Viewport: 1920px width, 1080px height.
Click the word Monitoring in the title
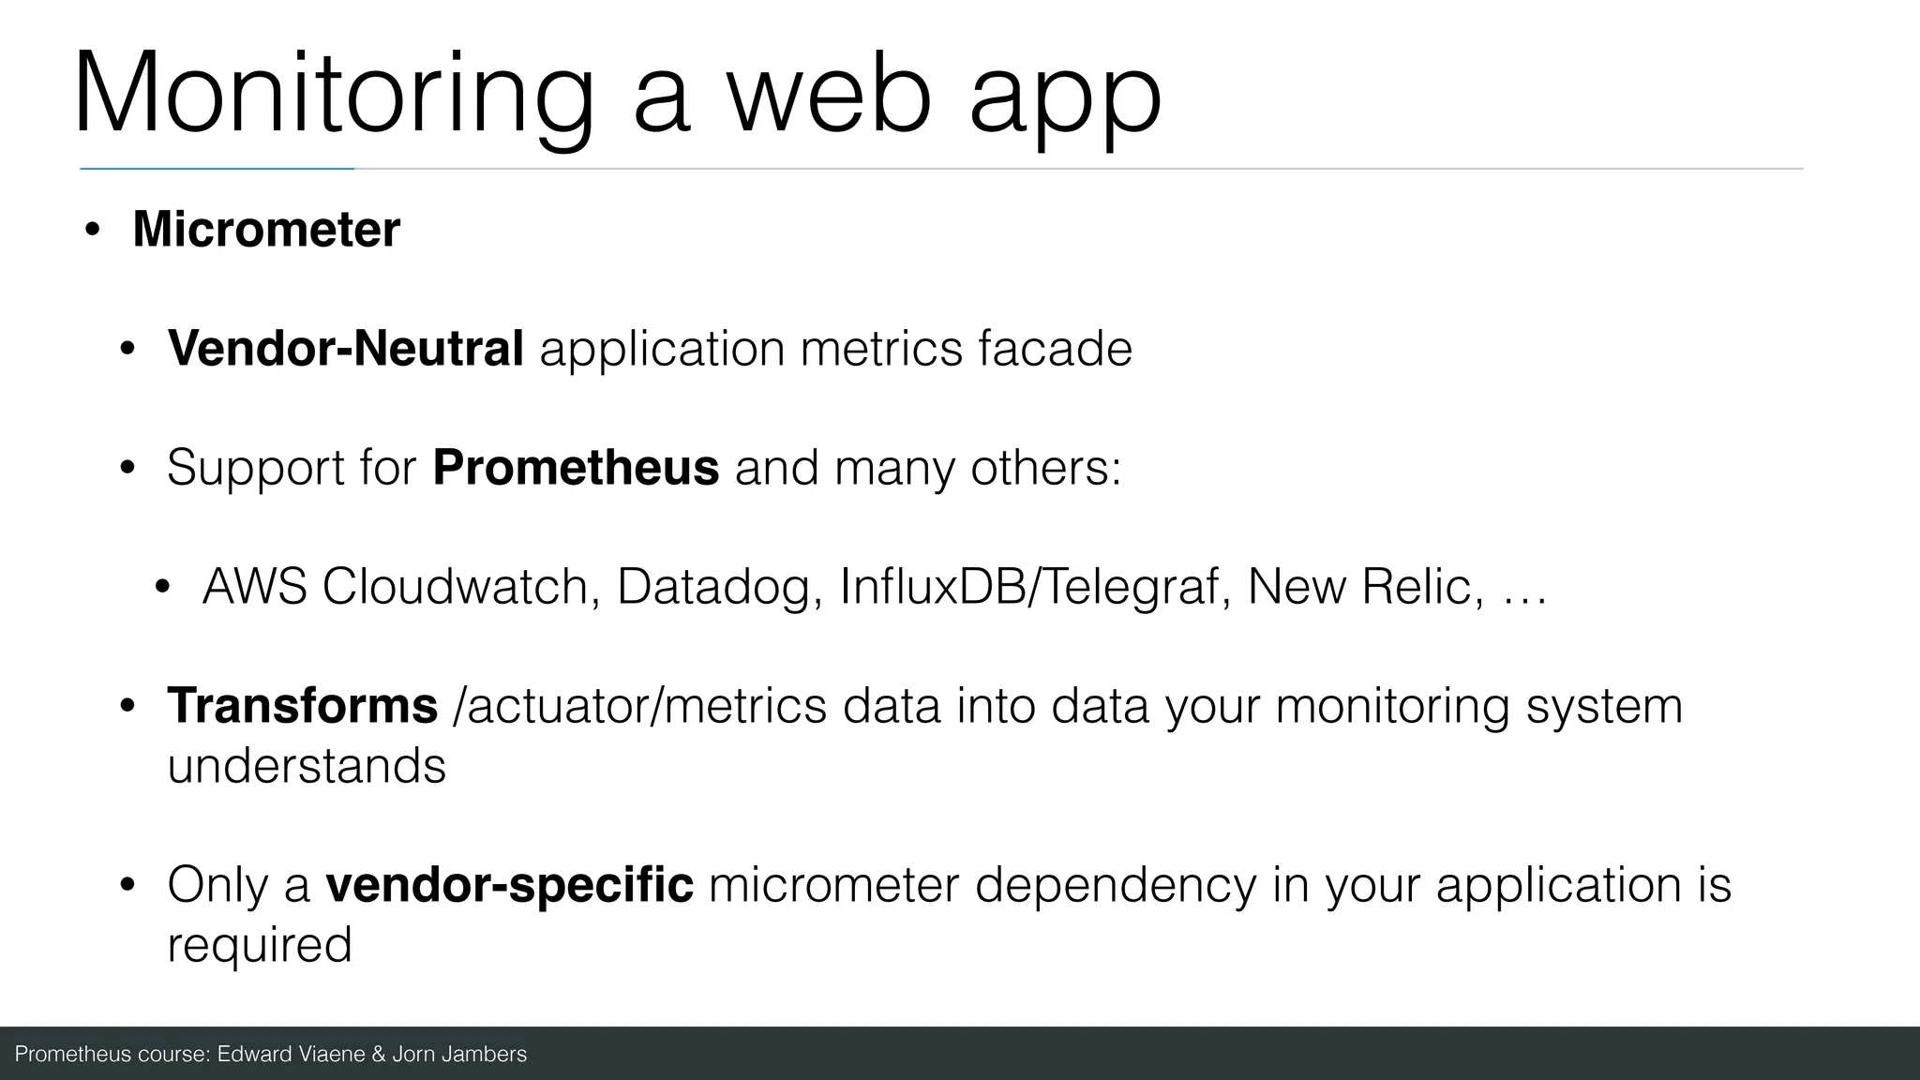333,94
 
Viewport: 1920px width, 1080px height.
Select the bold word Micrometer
266,229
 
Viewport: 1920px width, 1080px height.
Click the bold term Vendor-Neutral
345,349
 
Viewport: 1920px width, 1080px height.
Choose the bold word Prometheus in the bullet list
576,467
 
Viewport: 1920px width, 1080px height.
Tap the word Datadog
719,588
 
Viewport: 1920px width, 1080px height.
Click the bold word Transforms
302,705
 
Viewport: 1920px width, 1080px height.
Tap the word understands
307,766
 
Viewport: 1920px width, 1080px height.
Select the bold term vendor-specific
509,884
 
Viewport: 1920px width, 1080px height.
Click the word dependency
1115,886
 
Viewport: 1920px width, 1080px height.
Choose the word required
260,945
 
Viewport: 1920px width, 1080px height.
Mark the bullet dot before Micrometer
91,230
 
